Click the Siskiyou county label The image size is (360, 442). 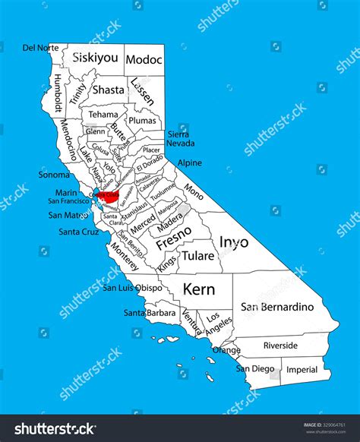coord(95,57)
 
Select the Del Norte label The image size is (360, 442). coord(39,47)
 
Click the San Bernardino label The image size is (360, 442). coord(276,307)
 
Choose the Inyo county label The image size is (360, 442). coord(234,242)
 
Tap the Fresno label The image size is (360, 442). coord(174,245)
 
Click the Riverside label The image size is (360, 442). coord(280,345)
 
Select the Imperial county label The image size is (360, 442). coord(302,370)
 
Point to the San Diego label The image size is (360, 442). coord(254,368)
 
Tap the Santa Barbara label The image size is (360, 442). coord(150,313)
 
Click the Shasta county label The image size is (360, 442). coord(108,89)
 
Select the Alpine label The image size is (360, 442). coord(190,163)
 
